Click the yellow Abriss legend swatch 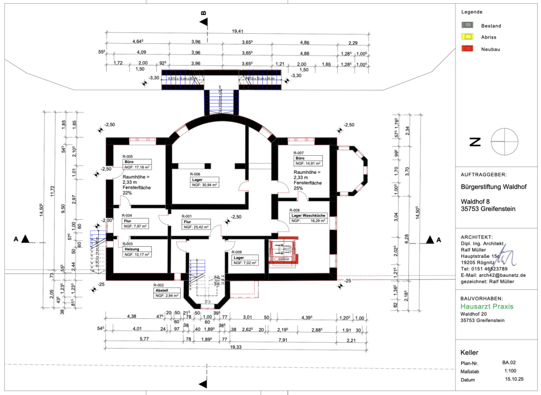pos(468,37)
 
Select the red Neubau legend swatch pos(468,49)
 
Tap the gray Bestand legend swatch pos(468,25)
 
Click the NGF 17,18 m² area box pos(141,167)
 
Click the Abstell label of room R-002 pos(161,290)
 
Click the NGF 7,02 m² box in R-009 pos(245,262)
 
